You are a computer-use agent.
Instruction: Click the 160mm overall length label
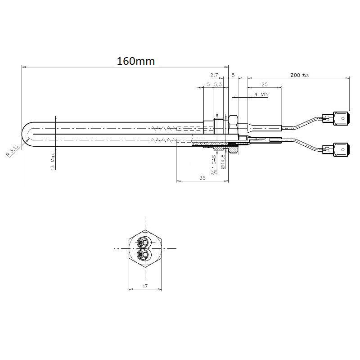(136, 61)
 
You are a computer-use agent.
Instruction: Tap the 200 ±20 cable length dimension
(300, 75)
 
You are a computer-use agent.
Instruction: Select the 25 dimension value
(265, 84)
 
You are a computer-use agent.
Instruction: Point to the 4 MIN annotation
(261, 94)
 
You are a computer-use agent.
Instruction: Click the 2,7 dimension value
(214, 75)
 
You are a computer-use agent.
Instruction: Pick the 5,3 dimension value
(218, 84)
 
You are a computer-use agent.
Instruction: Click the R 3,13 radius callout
(12, 151)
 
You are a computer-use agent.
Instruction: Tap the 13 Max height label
(53, 161)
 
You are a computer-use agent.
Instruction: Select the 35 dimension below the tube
(202, 177)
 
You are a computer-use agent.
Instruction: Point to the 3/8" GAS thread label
(214, 164)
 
